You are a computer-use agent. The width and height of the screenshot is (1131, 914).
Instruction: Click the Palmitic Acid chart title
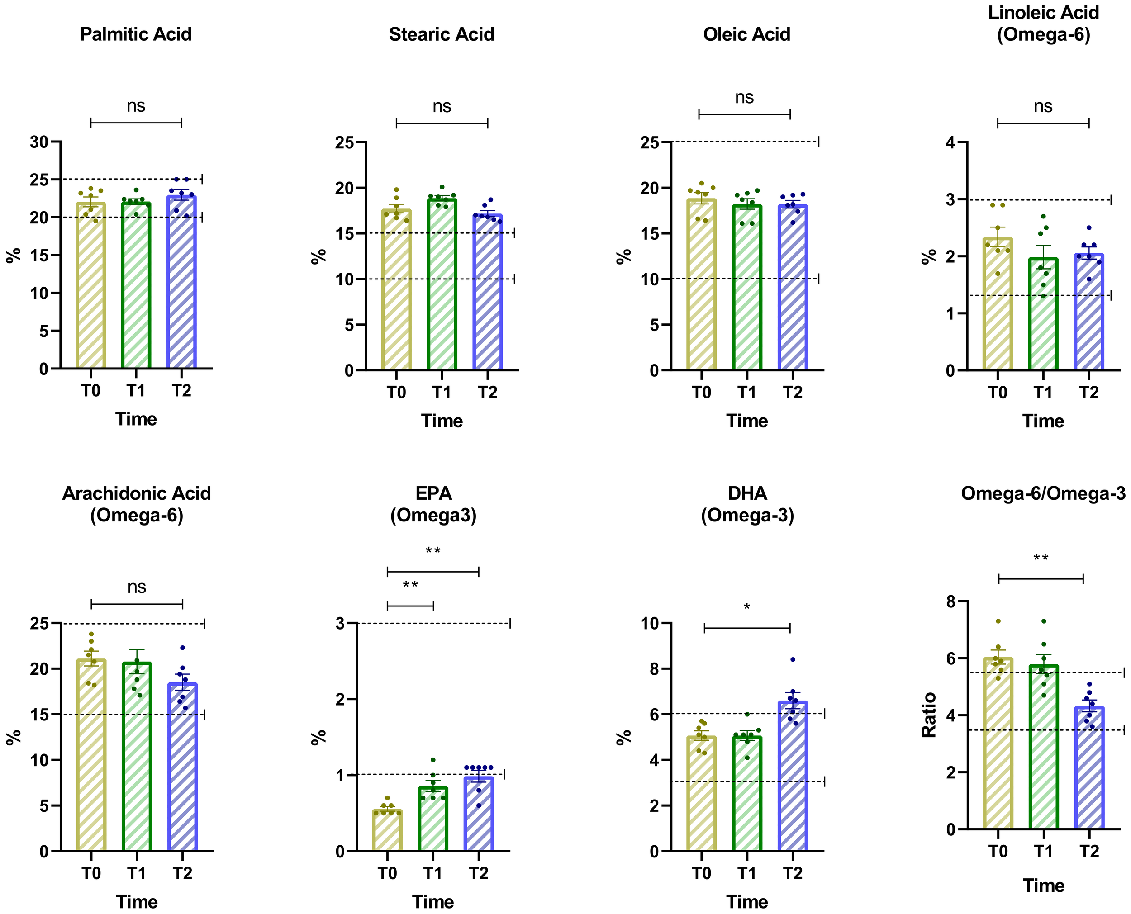[x=135, y=34]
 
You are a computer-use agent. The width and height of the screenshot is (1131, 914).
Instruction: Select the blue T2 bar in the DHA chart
[x=793, y=779]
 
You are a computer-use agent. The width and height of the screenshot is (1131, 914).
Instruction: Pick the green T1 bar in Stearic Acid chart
[x=442, y=287]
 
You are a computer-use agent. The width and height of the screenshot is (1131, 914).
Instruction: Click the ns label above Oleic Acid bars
[x=744, y=97]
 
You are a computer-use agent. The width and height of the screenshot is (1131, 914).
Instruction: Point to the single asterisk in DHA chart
[x=746, y=607]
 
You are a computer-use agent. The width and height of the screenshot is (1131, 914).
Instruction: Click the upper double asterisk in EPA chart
[x=433, y=551]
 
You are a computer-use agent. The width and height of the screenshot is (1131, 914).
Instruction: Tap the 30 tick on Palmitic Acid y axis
[x=39, y=142]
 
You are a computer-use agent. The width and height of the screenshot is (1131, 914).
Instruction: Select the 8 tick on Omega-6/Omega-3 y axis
[x=950, y=601]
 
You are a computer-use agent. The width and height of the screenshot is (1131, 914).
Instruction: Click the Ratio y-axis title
[x=929, y=715]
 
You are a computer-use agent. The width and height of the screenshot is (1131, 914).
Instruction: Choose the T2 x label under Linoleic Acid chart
[x=1089, y=393]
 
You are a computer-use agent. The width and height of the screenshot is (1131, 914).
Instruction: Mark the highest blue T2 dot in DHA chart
[x=793, y=659]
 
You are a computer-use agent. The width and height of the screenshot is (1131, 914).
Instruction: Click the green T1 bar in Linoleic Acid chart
[x=1043, y=316]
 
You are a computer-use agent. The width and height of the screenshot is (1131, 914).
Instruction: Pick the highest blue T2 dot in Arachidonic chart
[x=183, y=648]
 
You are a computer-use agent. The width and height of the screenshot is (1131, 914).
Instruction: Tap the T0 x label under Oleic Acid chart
[x=701, y=393]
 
